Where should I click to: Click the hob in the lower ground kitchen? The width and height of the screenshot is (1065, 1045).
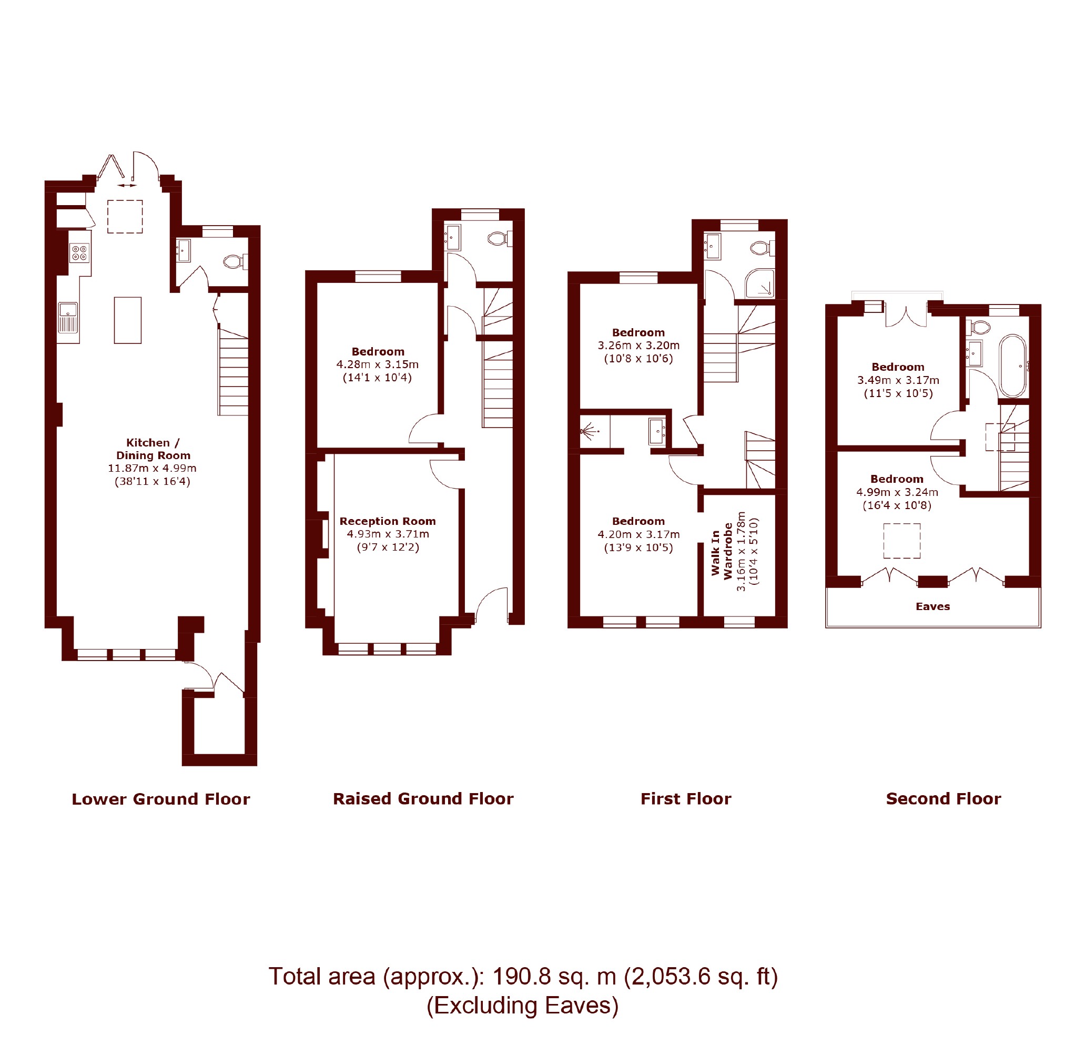pyautogui.click(x=79, y=253)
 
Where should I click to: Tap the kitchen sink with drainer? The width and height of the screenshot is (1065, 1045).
pyautogui.click(x=68, y=318)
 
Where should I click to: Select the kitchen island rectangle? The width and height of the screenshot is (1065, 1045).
pyautogui.click(x=127, y=320)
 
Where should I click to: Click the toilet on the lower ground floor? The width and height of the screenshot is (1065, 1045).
pyautogui.click(x=235, y=261)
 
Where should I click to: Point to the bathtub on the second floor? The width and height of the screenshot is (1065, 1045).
pyautogui.click(x=1012, y=366)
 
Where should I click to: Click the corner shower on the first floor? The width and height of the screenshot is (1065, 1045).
pyautogui.click(x=759, y=283)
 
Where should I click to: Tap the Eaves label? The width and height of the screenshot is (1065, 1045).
pyautogui.click(x=932, y=606)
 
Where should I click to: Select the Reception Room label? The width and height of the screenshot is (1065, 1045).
pyautogui.click(x=388, y=521)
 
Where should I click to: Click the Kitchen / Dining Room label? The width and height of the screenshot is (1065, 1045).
pyautogui.click(x=153, y=449)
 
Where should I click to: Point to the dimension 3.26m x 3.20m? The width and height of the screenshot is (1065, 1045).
pyautogui.click(x=638, y=345)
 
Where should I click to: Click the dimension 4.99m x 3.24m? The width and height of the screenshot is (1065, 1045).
pyautogui.click(x=897, y=492)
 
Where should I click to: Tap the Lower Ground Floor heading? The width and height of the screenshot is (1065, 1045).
pyautogui.click(x=161, y=799)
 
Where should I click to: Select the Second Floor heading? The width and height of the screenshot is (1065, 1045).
pyautogui.click(x=943, y=798)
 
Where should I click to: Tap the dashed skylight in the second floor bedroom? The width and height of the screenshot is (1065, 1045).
pyautogui.click(x=901, y=541)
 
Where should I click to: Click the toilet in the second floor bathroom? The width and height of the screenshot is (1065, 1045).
pyautogui.click(x=979, y=328)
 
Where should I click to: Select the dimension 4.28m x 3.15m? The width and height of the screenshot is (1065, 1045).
pyautogui.click(x=378, y=364)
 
